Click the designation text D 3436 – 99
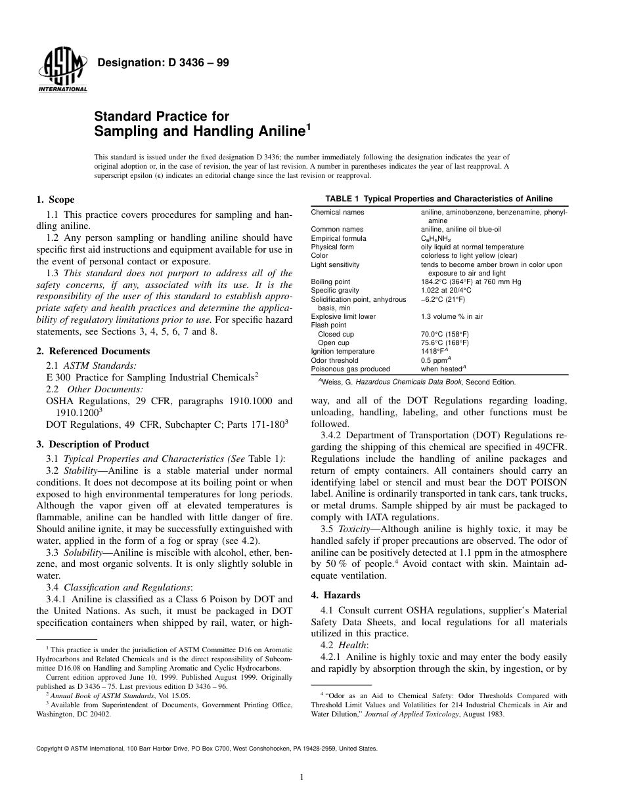click(x=163, y=63)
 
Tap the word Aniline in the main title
click(x=271, y=131)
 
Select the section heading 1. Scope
click(x=55, y=199)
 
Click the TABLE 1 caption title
click(x=439, y=199)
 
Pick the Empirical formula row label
click(x=338, y=239)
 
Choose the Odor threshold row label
click(x=334, y=360)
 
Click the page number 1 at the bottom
click(x=300, y=778)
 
